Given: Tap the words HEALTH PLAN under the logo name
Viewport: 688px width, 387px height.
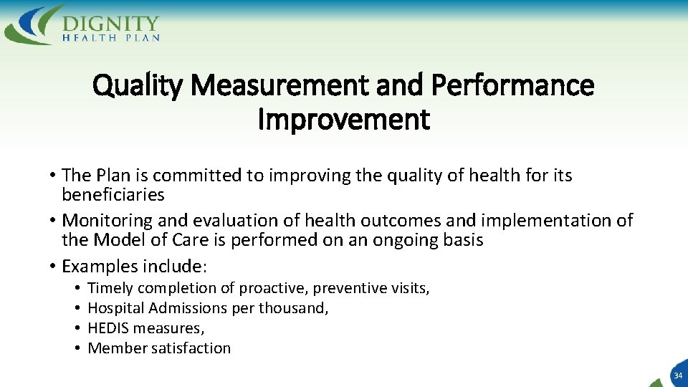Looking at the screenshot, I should pyautogui.click(x=111, y=37).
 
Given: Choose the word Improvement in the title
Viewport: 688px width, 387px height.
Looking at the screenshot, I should pyautogui.click(x=344, y=120).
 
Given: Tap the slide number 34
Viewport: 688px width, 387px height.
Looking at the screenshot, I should pyautogui.click(x=677, y=376).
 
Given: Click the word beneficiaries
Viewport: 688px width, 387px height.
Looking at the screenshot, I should pyautogui.click(x=113, y=195).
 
